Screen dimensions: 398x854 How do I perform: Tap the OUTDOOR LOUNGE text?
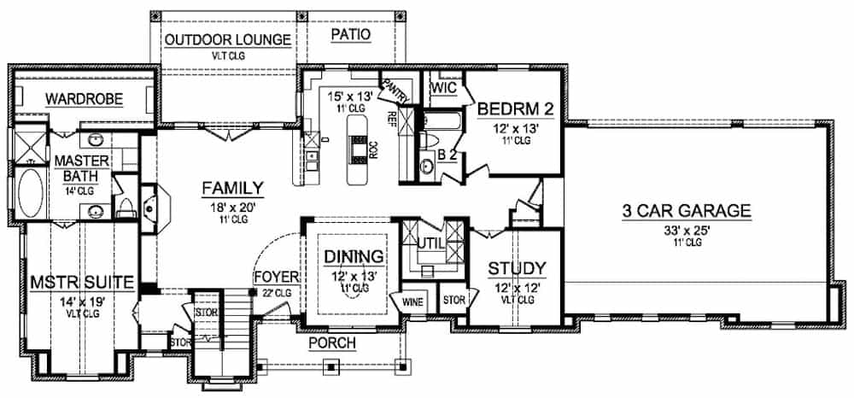pos(227,40)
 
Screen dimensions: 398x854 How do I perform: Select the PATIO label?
pos(350,35)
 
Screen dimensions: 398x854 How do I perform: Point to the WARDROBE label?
pos(85,100)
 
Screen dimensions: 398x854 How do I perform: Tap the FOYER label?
pos(275,278)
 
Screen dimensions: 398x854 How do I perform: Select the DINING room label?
pos(352,257)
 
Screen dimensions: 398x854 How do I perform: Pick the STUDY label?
pos(518,269)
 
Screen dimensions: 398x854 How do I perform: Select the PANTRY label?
pos(394,88)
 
